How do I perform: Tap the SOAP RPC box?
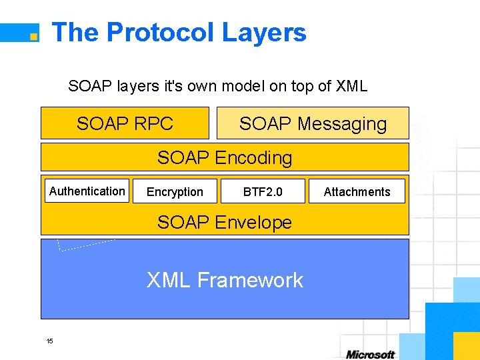click(125, 123)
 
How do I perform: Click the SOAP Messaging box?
click(313, 123)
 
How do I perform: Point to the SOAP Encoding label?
click(225, 158)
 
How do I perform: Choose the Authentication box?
click(87, 191)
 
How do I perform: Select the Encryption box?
click(175, 191)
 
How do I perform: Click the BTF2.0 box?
click(263, 191)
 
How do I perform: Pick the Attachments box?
click(357, 191)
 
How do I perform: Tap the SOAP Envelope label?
click(225, 222)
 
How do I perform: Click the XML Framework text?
click(225, 280)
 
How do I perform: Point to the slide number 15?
click(49, 341)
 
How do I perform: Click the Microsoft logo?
click(370, 354)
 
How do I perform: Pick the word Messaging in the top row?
click(342, 123)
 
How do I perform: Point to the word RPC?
click(153, 123)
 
